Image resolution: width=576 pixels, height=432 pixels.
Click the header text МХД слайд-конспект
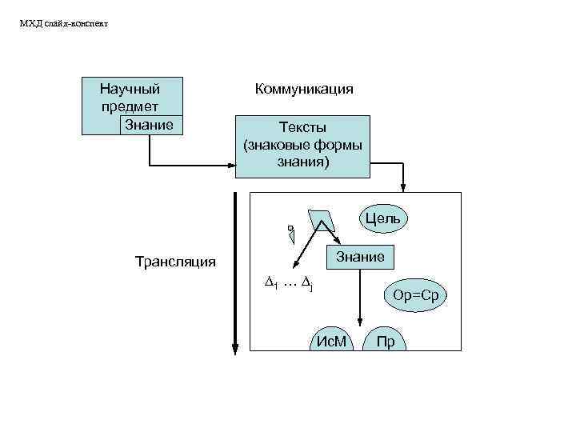[63, 23]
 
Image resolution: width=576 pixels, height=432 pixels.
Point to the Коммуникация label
[304, 89]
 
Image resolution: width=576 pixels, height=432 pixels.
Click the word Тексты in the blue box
[302, 127]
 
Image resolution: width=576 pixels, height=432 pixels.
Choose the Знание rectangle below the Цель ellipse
[360, 257]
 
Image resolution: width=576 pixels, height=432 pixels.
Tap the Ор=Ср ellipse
[416, 295]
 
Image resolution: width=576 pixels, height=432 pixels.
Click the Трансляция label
[175, 262]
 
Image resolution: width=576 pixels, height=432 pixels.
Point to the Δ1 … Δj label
[287, 283]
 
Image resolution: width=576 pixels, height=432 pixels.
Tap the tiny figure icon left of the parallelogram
[291, 233]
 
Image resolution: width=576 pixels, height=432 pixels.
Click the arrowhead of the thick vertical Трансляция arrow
[235, 346]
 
